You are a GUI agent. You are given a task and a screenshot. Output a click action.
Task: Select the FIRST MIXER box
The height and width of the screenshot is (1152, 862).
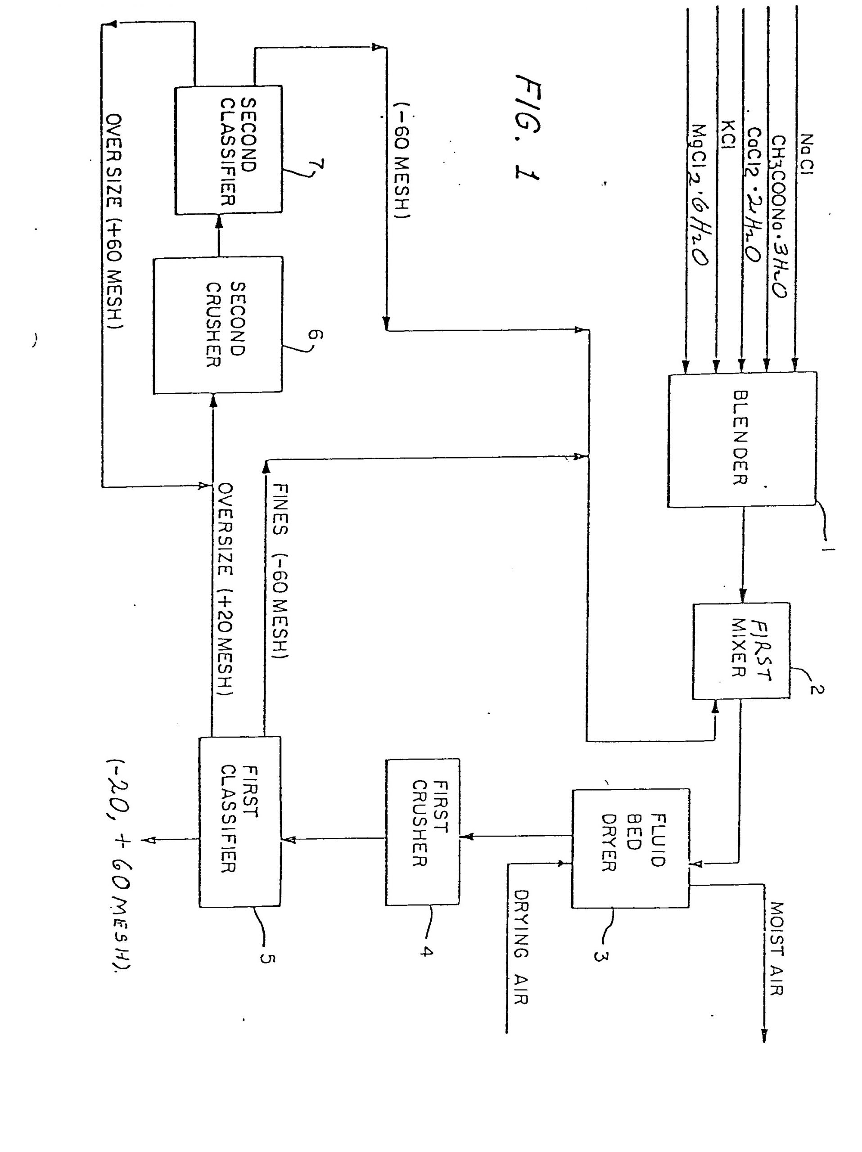coord(740,650)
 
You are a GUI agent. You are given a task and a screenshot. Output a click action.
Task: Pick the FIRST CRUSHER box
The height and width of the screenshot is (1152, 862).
coord(422,831)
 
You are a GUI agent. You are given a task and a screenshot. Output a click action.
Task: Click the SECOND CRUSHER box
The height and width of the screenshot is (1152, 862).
coord(217,324)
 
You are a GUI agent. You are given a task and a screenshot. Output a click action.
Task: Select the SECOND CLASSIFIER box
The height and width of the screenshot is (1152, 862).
coord(228,150)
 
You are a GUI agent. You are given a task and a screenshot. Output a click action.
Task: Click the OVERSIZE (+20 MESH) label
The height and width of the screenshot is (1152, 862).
coord(225,589)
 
